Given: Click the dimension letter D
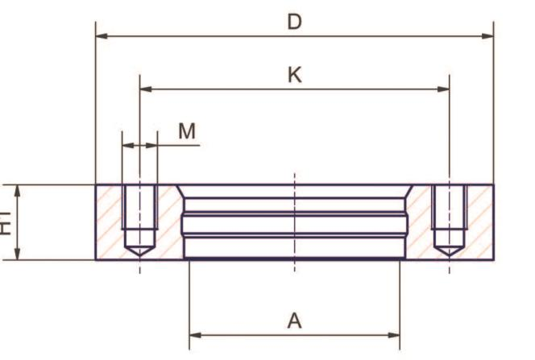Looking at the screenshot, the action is coord(294,22).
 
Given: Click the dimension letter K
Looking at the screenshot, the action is coord(295,75).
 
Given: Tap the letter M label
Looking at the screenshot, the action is coord(187,131).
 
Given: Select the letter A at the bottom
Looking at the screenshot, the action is coord(294,321).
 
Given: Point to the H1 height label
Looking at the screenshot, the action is coord(5,223).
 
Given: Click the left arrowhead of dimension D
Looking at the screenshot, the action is coord(102,35).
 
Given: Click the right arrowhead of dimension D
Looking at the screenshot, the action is coord(487,35).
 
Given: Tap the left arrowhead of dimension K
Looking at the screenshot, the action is coord(146,89).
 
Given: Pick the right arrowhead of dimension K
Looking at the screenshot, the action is coord(443,89).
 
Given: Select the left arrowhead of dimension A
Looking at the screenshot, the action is coord(196,335).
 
